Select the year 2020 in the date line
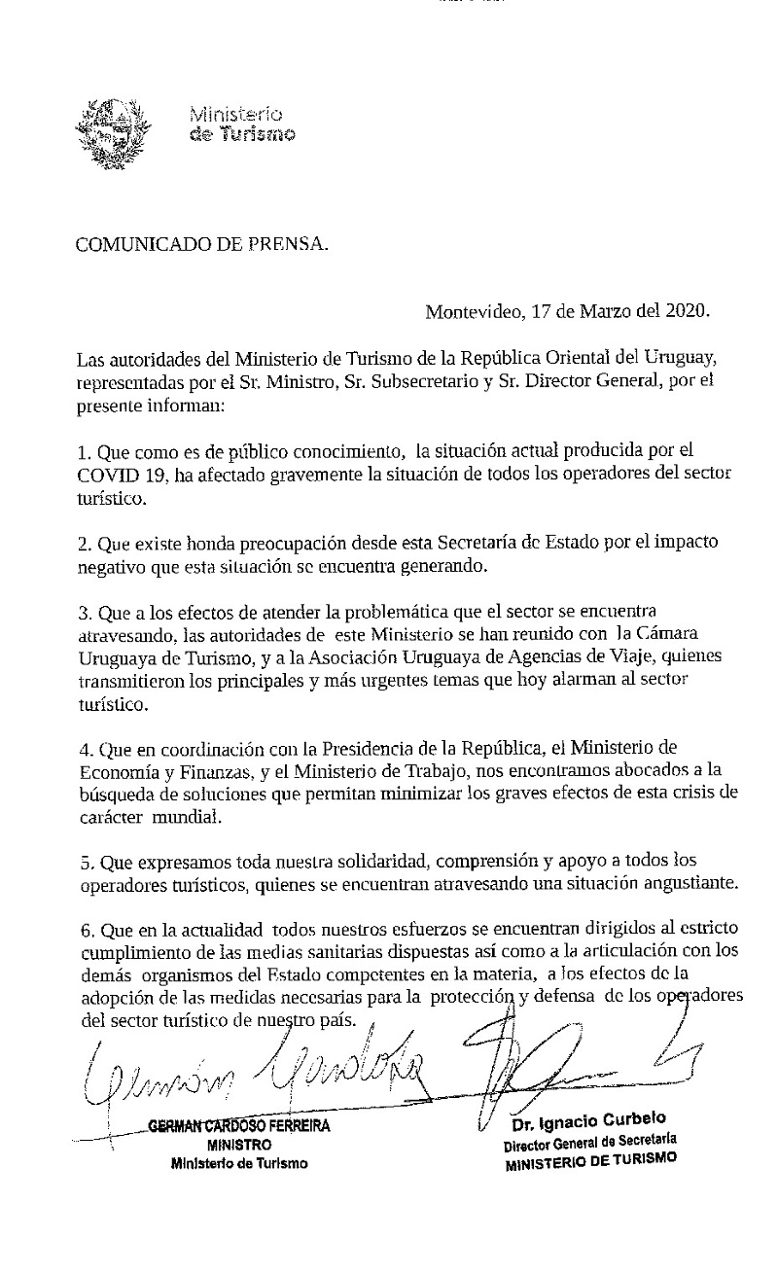688,312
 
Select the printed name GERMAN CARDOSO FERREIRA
239,1127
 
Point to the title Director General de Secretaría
590,1142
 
